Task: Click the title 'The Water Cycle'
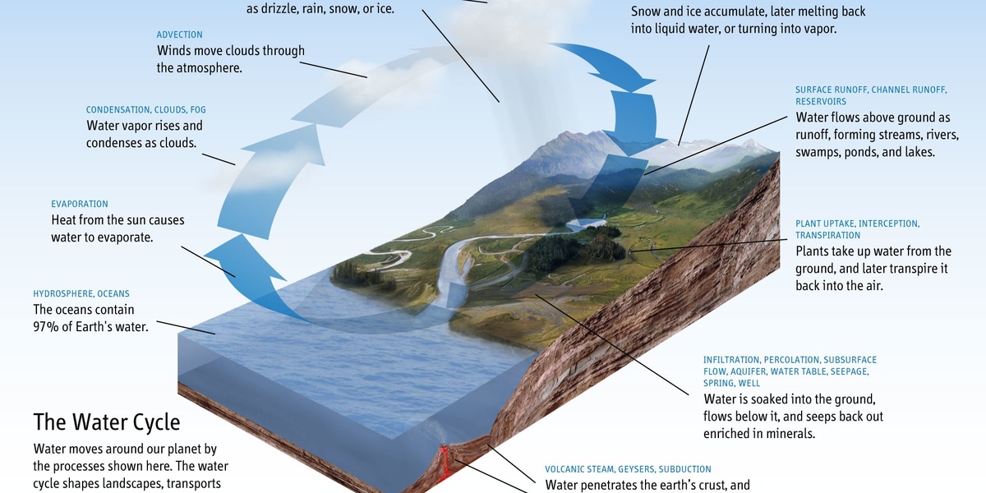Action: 106,422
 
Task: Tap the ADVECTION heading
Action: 178,35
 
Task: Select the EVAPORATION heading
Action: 80,204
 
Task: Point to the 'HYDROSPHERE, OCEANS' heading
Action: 81,293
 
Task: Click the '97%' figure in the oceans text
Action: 46,326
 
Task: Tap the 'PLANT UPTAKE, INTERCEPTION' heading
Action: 857,223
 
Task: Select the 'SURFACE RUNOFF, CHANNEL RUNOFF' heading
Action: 871,90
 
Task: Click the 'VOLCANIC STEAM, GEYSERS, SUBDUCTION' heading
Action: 628,469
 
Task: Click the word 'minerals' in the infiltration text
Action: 790,433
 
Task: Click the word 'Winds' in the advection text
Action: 175,51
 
